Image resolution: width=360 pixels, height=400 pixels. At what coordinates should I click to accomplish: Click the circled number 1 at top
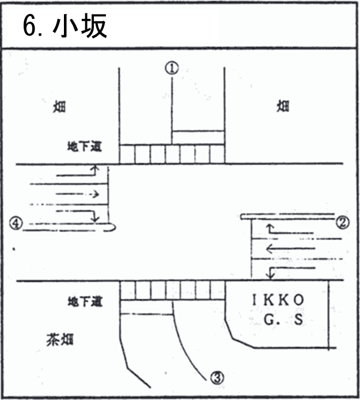point(172,68)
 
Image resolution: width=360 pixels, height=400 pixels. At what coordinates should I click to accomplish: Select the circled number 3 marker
point(216,378)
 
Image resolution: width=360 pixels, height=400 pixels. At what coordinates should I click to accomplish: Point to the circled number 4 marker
point(16,223)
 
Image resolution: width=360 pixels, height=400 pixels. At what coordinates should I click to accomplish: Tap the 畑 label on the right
point(282,107)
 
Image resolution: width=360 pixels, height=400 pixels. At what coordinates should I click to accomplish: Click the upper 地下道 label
point(84,146)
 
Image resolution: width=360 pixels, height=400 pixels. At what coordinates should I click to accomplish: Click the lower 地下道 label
point(84,301)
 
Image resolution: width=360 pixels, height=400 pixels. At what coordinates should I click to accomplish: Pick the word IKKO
point(278,301)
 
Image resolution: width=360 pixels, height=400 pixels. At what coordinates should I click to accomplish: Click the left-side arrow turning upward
point(78,172)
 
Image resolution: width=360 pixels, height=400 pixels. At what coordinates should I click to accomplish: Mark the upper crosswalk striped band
point(172,154)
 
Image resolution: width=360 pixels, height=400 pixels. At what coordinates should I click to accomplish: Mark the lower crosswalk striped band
point(172,290)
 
